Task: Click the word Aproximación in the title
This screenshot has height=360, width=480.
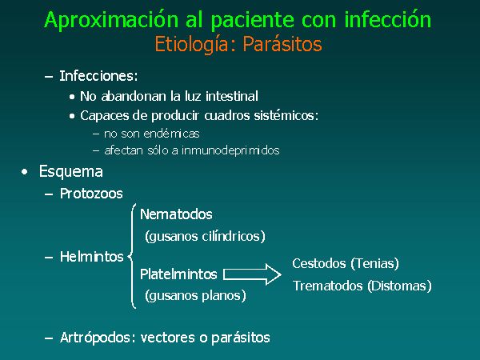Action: (x=111, y=21)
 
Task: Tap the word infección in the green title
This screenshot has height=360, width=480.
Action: (x=388, y=19)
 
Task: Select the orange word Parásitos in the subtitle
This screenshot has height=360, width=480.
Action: (x=282, y=44)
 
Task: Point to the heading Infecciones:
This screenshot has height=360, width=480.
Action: (x=98, y=76)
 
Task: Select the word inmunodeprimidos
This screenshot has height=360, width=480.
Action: (x=230, y=150)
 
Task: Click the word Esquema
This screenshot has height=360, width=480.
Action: (x=71, y=171)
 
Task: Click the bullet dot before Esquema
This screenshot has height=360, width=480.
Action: (x=25, y=172)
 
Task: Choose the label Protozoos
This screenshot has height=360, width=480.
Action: (x=91, y=194)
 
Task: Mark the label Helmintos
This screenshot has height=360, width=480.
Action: (x=91, y=257)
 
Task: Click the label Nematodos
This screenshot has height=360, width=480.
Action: (x=176, y=214)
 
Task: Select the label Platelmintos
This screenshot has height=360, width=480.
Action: (x=178, y=274)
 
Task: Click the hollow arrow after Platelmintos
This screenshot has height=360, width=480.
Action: (x=252, y=274)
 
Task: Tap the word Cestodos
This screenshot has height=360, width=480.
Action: (x=319, y=263)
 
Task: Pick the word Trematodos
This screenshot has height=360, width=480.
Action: (x=327, y=286)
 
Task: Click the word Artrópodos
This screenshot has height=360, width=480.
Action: (x=98, y=338)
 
